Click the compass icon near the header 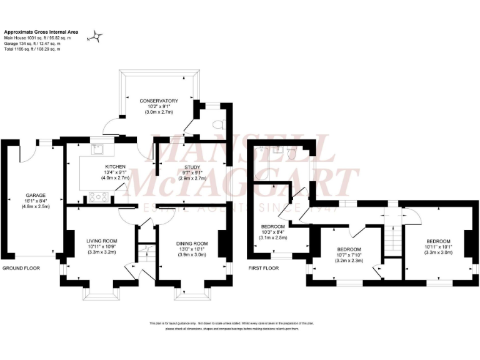click(97, 37)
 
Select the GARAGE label click(36, 195)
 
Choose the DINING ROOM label click(192, 243)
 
